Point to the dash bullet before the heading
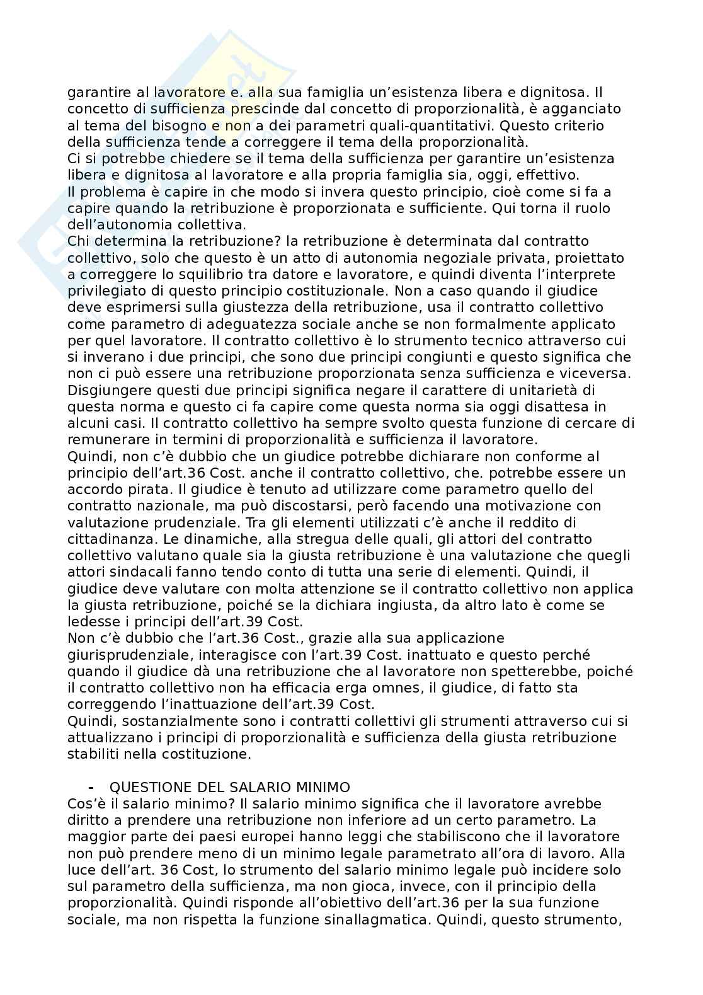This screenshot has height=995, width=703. tap(93, 787)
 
